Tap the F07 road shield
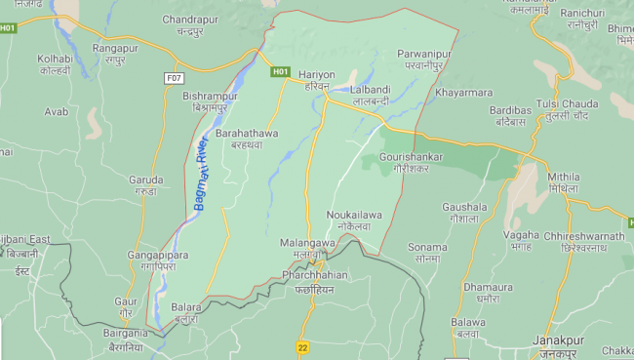point(175,77)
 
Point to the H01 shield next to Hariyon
point(281,71)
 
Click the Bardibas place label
point(510,116)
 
